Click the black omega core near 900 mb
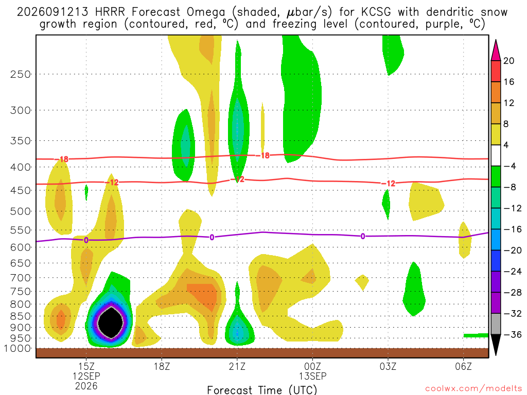[110, 322]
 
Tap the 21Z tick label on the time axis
[237, 366]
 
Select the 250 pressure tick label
[21, 74]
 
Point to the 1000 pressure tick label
[17, 348]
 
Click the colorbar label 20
[508, 61]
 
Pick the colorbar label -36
[512, 334]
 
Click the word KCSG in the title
[376, 12]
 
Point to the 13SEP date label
[312, 376]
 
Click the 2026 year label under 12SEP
[86, 386]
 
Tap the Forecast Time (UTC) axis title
[262, 390]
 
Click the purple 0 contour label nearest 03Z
[363, 237]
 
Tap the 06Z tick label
[464, 366]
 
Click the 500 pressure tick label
[21, 211]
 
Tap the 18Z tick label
[162, 366]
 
